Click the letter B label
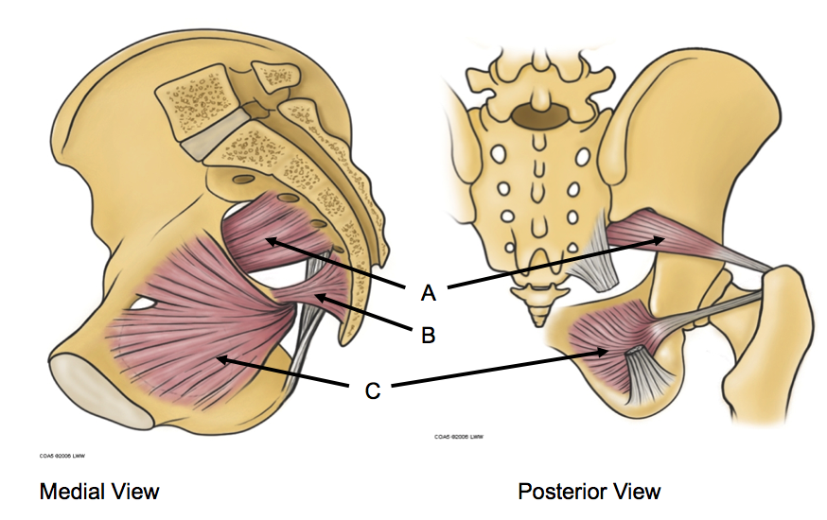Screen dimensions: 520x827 click(x=428, y=334)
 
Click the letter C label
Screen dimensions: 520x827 click(x=373, y=390)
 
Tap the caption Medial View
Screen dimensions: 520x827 click(x=98, y=491)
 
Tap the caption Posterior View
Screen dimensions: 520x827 click(x=589, y=491)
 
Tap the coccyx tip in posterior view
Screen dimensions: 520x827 click(x=537, y=311)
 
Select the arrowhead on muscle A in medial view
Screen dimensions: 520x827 click(x=269, y=240)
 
